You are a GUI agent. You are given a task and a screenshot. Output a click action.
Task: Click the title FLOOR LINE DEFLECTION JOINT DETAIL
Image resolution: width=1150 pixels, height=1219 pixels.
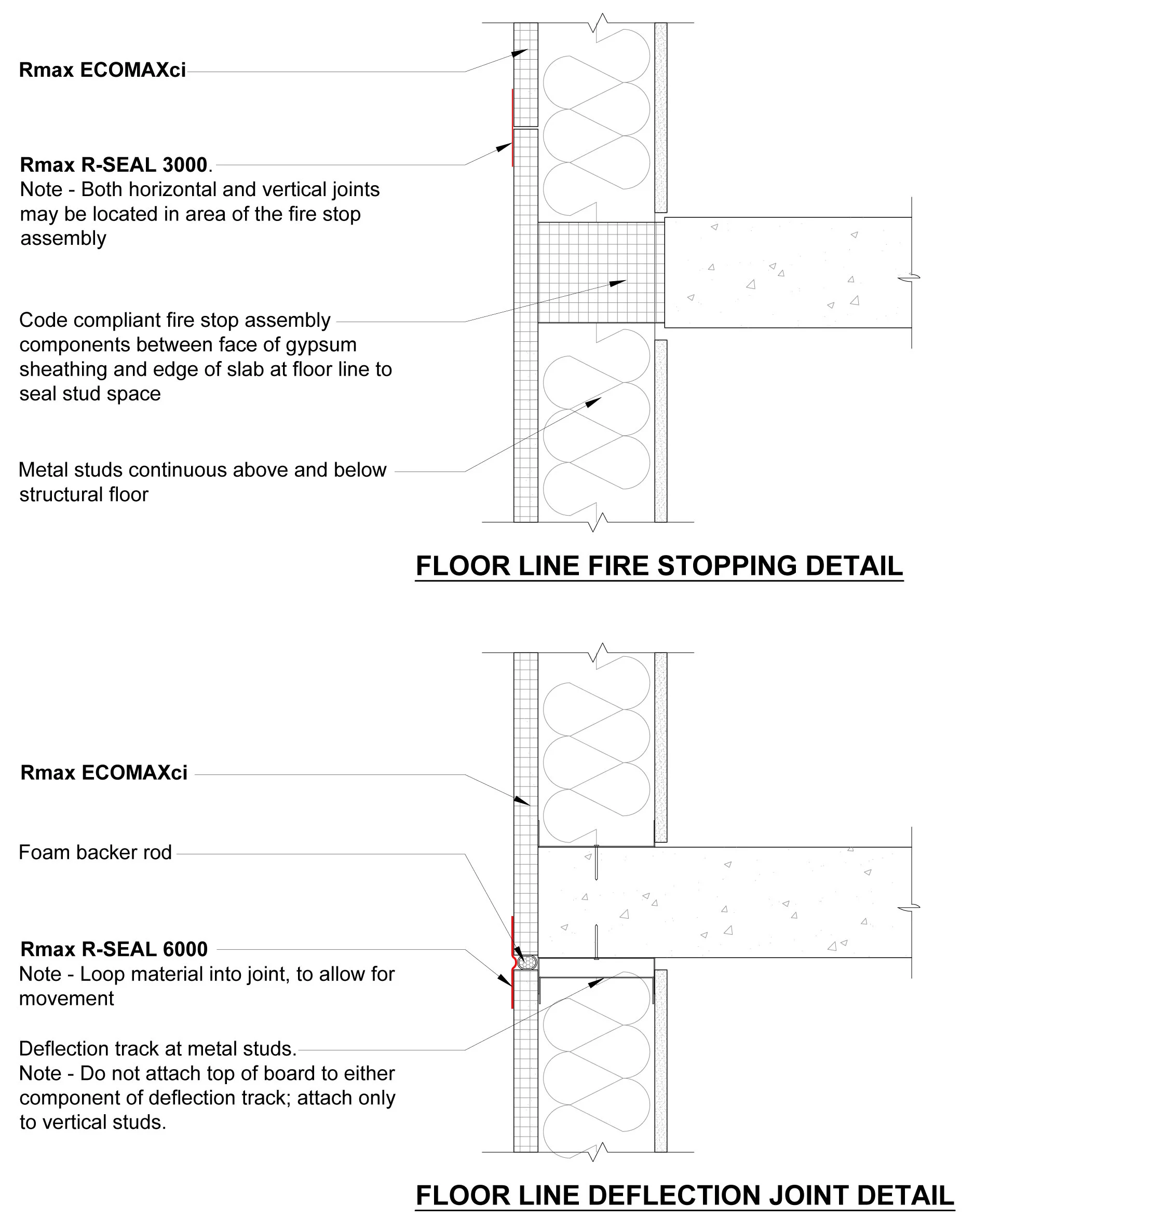[685, 1195]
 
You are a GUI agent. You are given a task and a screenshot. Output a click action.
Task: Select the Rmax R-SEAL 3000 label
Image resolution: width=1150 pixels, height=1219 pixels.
[114, 165]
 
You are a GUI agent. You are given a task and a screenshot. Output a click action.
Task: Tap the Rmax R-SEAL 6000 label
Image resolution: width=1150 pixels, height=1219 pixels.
[114, 949]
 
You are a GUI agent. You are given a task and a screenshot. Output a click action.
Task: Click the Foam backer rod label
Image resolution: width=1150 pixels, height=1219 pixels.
[95, 852]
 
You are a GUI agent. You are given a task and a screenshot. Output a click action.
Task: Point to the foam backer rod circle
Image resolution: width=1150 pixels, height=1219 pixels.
[526, 962]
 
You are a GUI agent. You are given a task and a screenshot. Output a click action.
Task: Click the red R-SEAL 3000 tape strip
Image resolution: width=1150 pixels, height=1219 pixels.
[512, 128]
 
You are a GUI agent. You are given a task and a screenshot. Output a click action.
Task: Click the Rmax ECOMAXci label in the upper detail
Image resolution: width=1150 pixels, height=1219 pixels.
[102, 70]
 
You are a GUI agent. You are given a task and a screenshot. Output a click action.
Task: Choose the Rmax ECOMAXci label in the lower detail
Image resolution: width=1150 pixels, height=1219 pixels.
[104, 772]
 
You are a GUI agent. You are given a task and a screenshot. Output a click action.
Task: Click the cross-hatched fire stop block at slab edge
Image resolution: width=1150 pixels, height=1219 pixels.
[601, 272]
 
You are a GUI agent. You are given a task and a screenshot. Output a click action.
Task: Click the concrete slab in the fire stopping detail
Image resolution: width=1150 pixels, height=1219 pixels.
[788, 272]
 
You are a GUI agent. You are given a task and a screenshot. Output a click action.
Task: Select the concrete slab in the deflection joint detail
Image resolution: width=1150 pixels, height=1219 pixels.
[725, 902]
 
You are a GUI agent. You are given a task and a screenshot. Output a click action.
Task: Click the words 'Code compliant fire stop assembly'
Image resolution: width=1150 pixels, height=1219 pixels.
[175, 320]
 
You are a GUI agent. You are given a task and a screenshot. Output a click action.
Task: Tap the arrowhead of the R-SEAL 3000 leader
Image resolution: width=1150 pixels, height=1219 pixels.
[505, 147]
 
